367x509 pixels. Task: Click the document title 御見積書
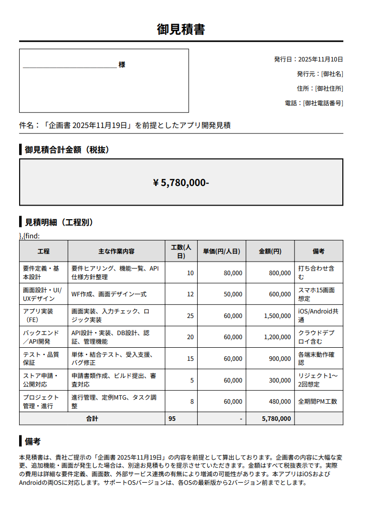[181, 29]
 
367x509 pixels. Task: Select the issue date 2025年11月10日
[320, 59]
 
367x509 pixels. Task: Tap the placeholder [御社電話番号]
[323, 103]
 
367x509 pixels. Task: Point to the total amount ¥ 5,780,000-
[181, 182]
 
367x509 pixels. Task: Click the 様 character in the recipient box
[122, 65]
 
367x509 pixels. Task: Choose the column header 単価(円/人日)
[221, 251]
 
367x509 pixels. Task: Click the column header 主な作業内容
[116, 251]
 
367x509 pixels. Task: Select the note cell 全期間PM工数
[318, 402]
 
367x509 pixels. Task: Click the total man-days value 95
[172, 419]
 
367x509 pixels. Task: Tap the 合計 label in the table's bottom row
[92, 419]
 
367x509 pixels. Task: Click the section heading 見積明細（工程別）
[59, 222]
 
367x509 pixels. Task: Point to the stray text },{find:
[29, 236]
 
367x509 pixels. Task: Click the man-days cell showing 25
[190, 316]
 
